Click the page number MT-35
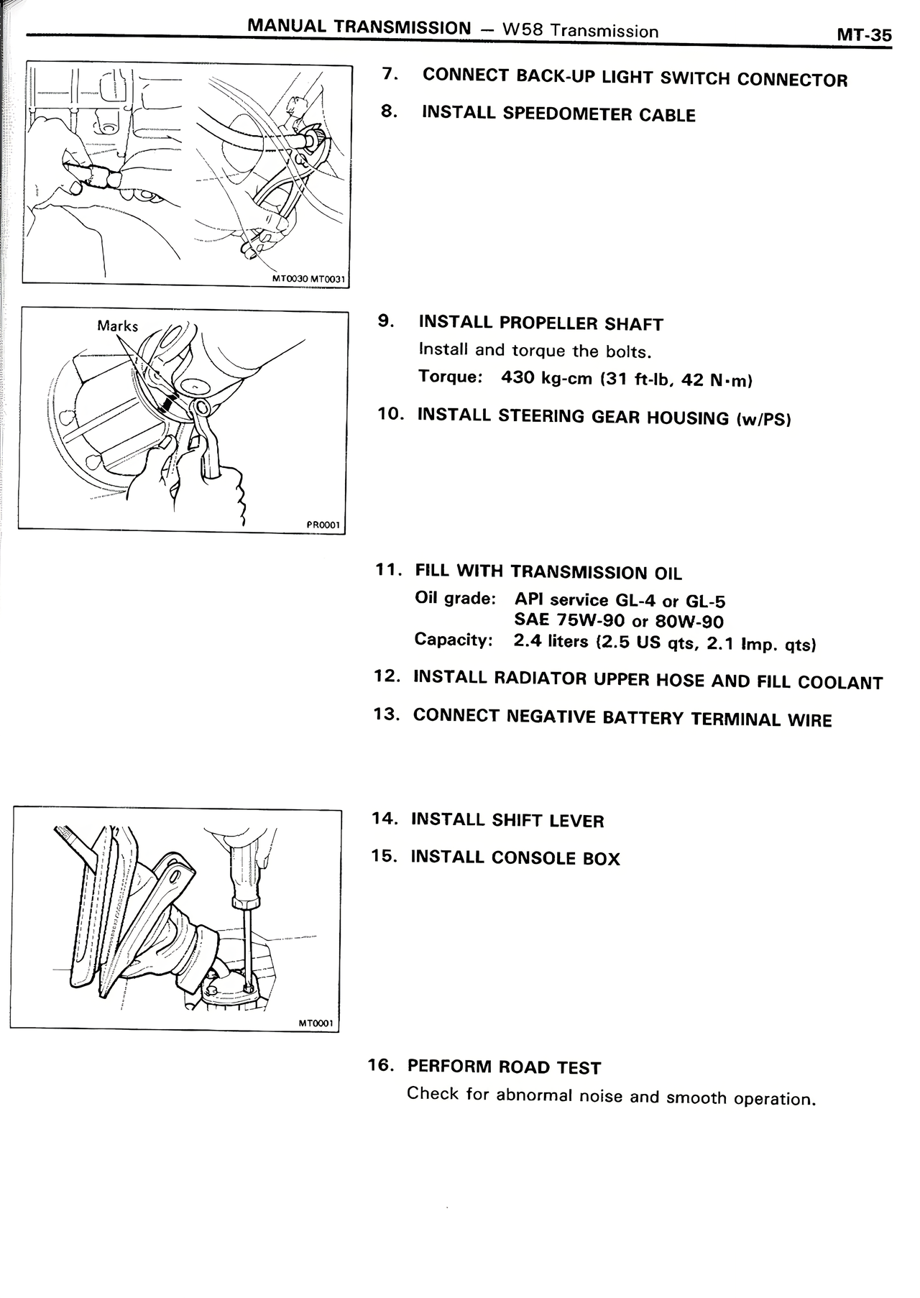(x=863, y=34)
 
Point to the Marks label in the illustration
(x=117, y=326)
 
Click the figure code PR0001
(x=323, y=525)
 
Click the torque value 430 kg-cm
(x=547, y=377)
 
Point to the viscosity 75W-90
(x=591, y=620)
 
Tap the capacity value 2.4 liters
(x=551, y=640)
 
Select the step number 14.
(x=385, y=818)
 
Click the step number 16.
(x=381, y=1064)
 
